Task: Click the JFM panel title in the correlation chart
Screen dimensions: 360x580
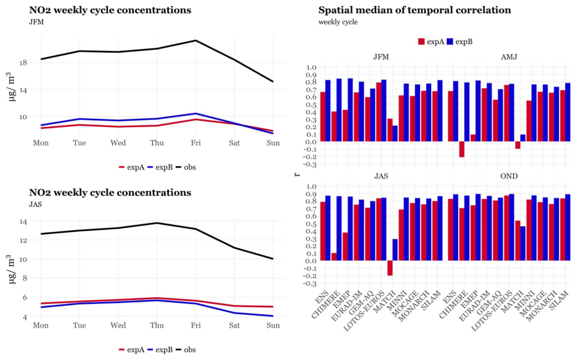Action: coord(381,57)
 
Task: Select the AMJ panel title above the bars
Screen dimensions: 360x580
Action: coord(509,57)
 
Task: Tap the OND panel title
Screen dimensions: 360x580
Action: coord(509,176)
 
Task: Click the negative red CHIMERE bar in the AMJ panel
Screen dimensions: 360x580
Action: coord(462,149)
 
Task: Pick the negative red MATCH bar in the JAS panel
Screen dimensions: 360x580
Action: coord(390,268)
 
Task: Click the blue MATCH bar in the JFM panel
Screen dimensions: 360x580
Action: coord(395,133)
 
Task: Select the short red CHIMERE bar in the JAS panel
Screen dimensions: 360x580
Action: coord(334,257)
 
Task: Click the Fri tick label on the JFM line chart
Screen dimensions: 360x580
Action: coord(196,143)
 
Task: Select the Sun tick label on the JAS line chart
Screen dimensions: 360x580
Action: coord(273,325)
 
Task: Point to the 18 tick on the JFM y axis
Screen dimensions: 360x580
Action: coord(23,63)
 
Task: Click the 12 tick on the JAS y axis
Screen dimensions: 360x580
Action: coord(23,240)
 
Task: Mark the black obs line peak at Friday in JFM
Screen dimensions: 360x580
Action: coord(196,40)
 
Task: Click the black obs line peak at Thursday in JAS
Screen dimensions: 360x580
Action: coord(157,223)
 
